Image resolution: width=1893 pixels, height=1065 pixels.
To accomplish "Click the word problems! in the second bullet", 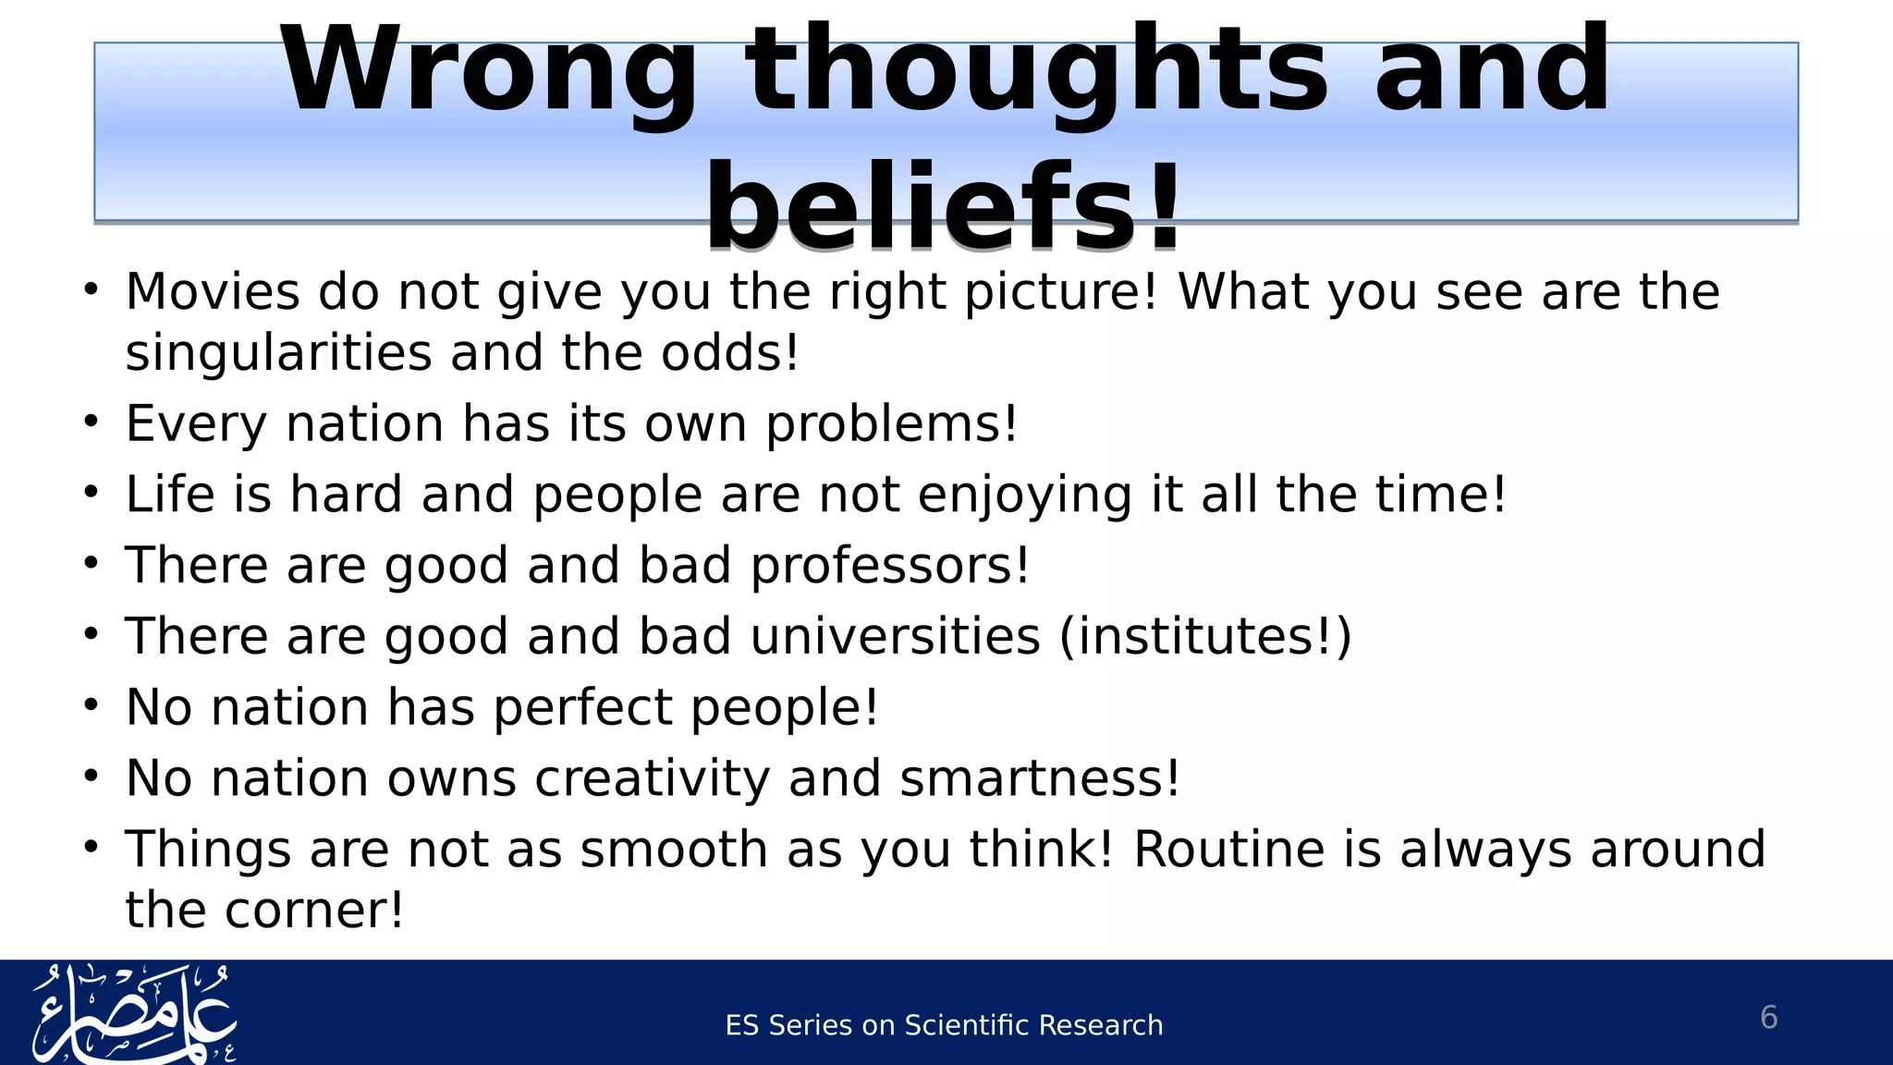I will pyautogui.click(x=892, y=424).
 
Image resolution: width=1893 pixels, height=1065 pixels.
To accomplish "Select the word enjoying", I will pyautogui.click(x=1025, y=496).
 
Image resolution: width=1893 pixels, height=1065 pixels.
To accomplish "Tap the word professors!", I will pyautogui.click(x=889, y=566).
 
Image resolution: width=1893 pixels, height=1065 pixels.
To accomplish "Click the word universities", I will pyautogui.click(x=895, y=637).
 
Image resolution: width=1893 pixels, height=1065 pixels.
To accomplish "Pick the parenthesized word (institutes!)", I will pyautogui.click(x=1205, y=637).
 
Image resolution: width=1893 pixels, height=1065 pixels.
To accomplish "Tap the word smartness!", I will pyautogui.click(x=1040, y=778).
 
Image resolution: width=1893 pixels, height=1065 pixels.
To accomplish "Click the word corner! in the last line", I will pyautogui.click(x=314, y=911).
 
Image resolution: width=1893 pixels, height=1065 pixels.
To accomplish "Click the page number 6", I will pyautogui.click(x=1768, y=1018).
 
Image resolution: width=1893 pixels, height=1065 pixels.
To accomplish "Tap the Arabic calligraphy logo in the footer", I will pyautogui.click(x=134, y=1014).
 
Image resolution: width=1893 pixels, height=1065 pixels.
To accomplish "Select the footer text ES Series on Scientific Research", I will pyautogui.click(x=944, y=1025).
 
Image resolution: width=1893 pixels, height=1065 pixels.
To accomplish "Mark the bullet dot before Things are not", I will pyautogui.click(x=90, y=846).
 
